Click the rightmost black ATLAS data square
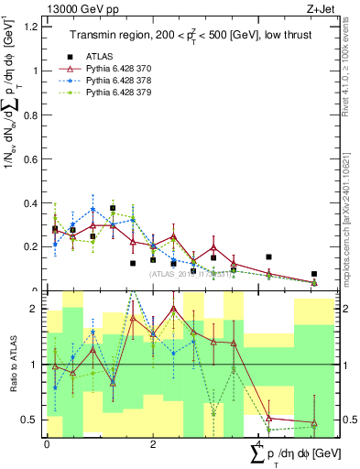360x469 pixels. point(313,274)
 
